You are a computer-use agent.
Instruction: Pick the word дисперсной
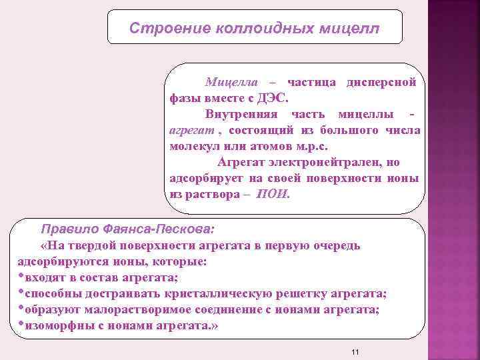382,82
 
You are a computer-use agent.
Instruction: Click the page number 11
355,351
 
